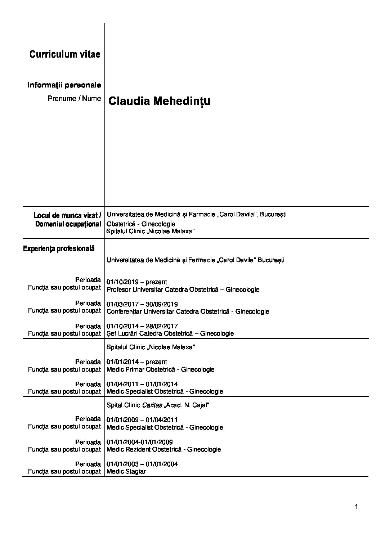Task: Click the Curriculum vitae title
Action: point(65,54)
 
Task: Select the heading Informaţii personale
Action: point(64,85)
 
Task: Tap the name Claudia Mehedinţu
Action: point(160,101)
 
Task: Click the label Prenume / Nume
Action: point(74,98)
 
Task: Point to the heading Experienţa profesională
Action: point(59,248)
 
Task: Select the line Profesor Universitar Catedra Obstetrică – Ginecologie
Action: point(183,289)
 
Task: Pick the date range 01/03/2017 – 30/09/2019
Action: point(142,304)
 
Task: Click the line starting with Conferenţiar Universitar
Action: point(188,311)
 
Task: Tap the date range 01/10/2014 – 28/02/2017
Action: point(142,326)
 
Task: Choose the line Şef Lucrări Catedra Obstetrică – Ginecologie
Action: point(170,333)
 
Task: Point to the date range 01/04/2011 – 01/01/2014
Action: point(142,384)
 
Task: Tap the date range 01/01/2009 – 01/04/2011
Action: point(142,420)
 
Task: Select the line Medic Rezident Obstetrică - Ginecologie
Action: point(164,449)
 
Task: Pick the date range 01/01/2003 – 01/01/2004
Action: point(142,464)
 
